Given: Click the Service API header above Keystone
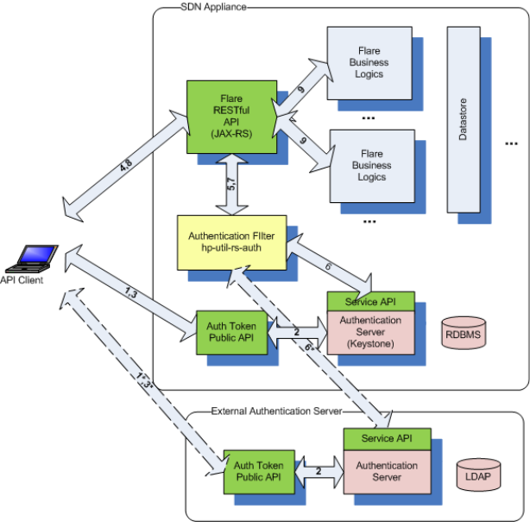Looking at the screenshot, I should (369, 302).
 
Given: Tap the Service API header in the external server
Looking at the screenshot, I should (386, 438).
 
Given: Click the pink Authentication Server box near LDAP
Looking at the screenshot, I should (386, 471).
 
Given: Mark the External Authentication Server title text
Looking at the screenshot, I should (276, 411).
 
